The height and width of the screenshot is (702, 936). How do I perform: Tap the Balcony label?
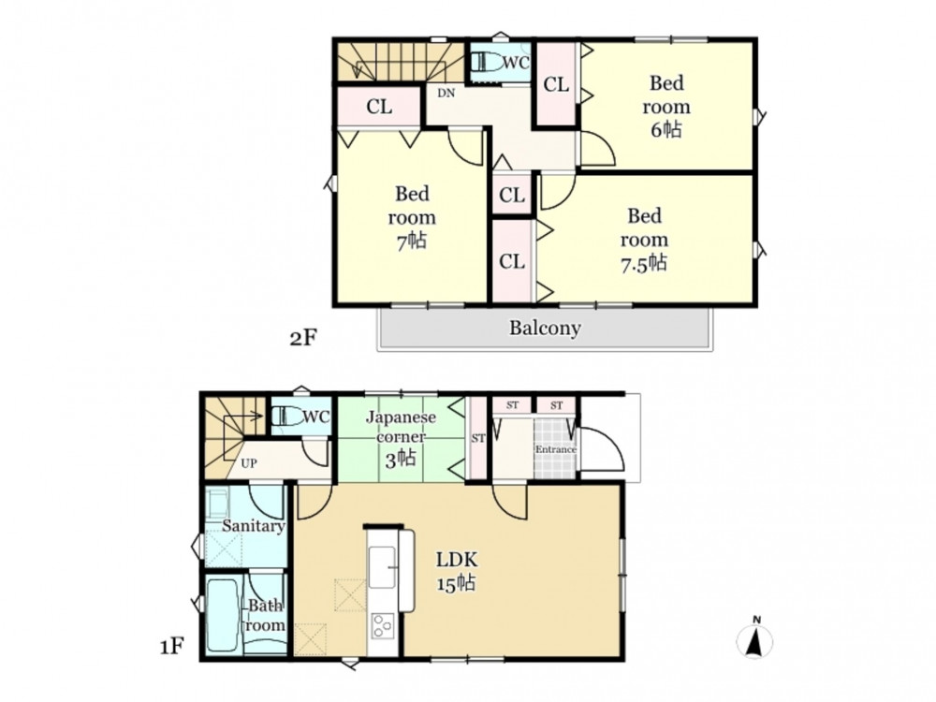pos(545,328)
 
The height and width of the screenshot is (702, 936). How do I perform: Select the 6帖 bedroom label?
pos(666,107)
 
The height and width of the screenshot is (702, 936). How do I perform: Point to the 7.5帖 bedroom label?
pos(644,240)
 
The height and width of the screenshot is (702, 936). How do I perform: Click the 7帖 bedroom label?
pos(412,217)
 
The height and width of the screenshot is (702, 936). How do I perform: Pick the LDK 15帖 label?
pos(457,572)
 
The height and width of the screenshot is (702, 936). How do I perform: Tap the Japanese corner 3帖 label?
pos(401,437)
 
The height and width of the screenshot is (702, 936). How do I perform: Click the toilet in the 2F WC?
pos(487,62)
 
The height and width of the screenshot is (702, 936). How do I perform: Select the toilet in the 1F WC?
pos(287,417)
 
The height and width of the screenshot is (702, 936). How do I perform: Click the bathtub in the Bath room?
pos(224,616)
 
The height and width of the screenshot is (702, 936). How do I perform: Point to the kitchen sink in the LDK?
pos(382,567)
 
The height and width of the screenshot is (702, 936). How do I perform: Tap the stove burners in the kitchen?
pos(382,626)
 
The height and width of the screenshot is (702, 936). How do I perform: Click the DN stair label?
pos(446,93)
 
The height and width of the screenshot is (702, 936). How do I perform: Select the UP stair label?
pos(249,463)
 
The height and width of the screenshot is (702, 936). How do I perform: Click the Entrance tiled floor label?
pos(556,449)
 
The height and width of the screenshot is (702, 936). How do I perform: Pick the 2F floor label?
pos(302,338)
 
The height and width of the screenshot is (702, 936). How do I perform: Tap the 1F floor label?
pos(172,646)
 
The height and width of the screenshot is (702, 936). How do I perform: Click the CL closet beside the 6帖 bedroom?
pos(556,84)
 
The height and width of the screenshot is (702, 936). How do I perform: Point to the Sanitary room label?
pos(253,526)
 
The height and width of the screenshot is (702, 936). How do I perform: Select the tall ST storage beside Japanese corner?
pos(478,438)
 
